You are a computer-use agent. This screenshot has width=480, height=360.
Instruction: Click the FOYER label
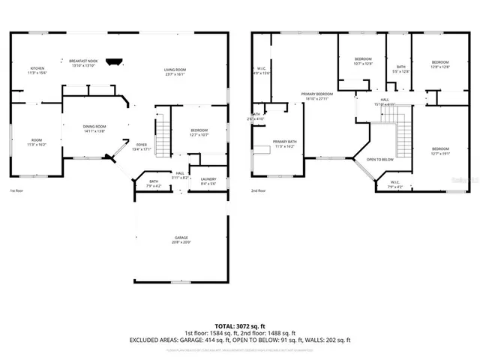point(141,146)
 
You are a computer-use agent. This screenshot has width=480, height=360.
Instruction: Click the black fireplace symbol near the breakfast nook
point(114,63)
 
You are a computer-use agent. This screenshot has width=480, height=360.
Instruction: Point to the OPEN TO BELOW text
point(380,160)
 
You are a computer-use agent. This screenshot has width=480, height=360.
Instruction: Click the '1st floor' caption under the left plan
point(18,190)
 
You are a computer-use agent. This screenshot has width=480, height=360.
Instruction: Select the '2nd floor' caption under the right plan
point(259,190)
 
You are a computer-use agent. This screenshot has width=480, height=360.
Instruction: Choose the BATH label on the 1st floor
point(153,182)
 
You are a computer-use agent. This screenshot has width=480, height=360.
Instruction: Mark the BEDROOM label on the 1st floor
point(199,132)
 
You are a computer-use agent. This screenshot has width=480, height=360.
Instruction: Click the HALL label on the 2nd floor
point(384,101)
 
